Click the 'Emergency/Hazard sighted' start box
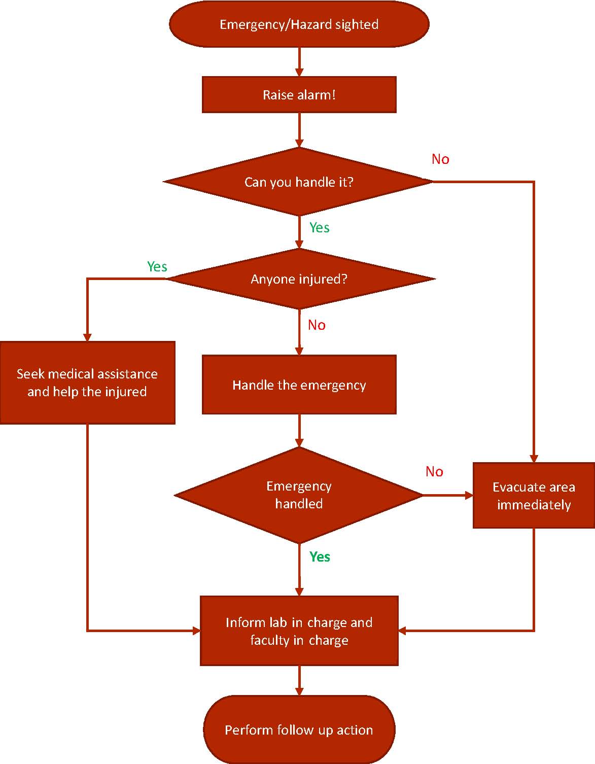click(299, 24)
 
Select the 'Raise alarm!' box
click(299, 95)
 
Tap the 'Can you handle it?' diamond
click(299, 182)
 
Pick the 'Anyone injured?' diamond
click(299, 279)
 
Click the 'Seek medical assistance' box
click(87, 383)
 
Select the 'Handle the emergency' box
click(299, 385)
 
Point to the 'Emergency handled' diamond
click(299, 495)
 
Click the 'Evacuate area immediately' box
click(534, 496)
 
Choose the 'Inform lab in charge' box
click(299, 631)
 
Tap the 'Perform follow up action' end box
click(299, 730)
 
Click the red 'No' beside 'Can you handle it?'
click(440, 159)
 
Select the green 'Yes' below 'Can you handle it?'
click(320, 228)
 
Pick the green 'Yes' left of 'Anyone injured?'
click(157, 267)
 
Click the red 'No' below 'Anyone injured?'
click(317, 325)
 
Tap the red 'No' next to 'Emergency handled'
click(434, 472)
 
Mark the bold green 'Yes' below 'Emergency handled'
click(320, 557)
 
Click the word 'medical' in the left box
click(70, 374)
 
